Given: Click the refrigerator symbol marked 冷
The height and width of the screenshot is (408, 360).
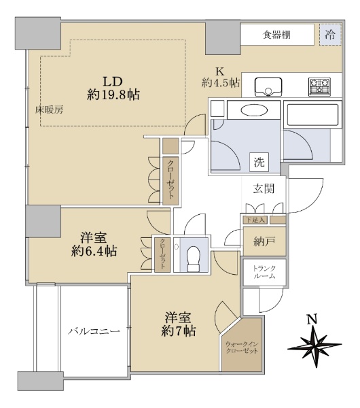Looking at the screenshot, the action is [330, 35].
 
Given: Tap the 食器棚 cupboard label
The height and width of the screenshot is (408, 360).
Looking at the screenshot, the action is [276, 35].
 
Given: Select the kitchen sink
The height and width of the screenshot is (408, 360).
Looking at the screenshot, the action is [268, 86].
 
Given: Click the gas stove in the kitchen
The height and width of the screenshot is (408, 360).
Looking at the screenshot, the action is [319, 86].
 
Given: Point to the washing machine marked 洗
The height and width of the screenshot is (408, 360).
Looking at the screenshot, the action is [259, 163].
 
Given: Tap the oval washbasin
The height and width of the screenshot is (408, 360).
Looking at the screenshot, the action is [254, 111].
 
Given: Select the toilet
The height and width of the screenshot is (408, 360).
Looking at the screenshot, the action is [193, 258].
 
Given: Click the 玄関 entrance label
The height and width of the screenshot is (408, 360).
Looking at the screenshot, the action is [264, 188].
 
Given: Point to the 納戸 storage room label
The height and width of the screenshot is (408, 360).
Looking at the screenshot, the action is [264, 241].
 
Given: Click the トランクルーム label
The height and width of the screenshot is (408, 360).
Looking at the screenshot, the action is [264, 272].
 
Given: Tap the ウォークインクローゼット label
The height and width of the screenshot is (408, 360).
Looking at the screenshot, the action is [242, 347].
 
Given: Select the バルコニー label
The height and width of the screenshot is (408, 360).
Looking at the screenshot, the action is [94, 331].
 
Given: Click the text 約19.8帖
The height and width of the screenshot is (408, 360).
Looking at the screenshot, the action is [113, 95].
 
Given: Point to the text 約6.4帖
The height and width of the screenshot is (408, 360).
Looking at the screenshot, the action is [94, 251].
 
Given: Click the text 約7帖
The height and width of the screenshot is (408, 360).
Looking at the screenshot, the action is [179, 331].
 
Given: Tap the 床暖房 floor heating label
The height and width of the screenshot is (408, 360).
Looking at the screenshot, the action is [50, 110].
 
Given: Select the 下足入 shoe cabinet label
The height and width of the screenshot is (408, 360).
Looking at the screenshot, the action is [255, 220].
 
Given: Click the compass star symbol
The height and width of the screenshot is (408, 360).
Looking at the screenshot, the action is [314, 346].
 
